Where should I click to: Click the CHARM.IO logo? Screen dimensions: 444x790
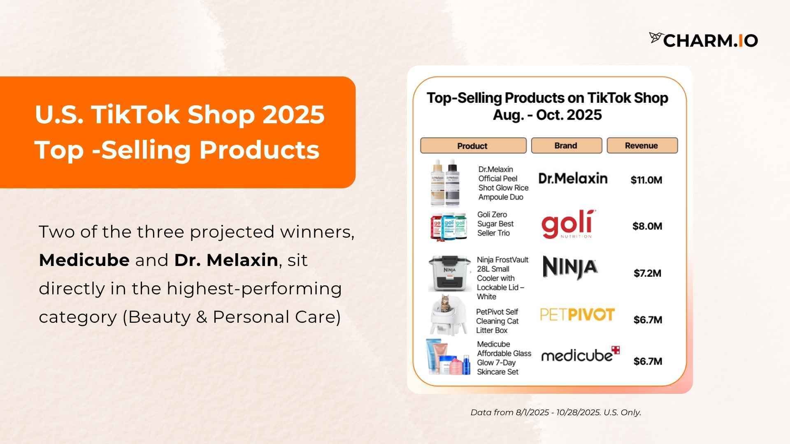[x=704, y=40]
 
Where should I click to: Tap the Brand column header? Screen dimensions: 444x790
[x=566, y=146]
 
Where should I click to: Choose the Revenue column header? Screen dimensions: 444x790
[x=642, y=146]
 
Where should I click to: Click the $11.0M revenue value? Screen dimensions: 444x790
[x=646, y=180]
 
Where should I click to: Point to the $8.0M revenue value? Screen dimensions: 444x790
[x=647, y=226]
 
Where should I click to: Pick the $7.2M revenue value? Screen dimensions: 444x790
[x=647, y=273]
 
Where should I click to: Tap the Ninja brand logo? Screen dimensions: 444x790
[x=570, y=268]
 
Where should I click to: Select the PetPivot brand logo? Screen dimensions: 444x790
[x=577, y=315]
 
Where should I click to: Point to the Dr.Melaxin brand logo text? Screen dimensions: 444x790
[x=573, y=178]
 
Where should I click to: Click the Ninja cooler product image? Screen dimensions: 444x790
[x=449, y=273]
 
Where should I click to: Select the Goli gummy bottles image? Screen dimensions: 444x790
[x=449, y=226]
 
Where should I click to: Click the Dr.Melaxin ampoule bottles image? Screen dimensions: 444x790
[x=444, y=183]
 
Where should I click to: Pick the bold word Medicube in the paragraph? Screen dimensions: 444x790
[x=84, y=260]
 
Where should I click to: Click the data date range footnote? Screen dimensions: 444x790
[x=556, y=412]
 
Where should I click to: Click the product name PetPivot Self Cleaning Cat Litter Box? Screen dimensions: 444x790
[x=497, y=321]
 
